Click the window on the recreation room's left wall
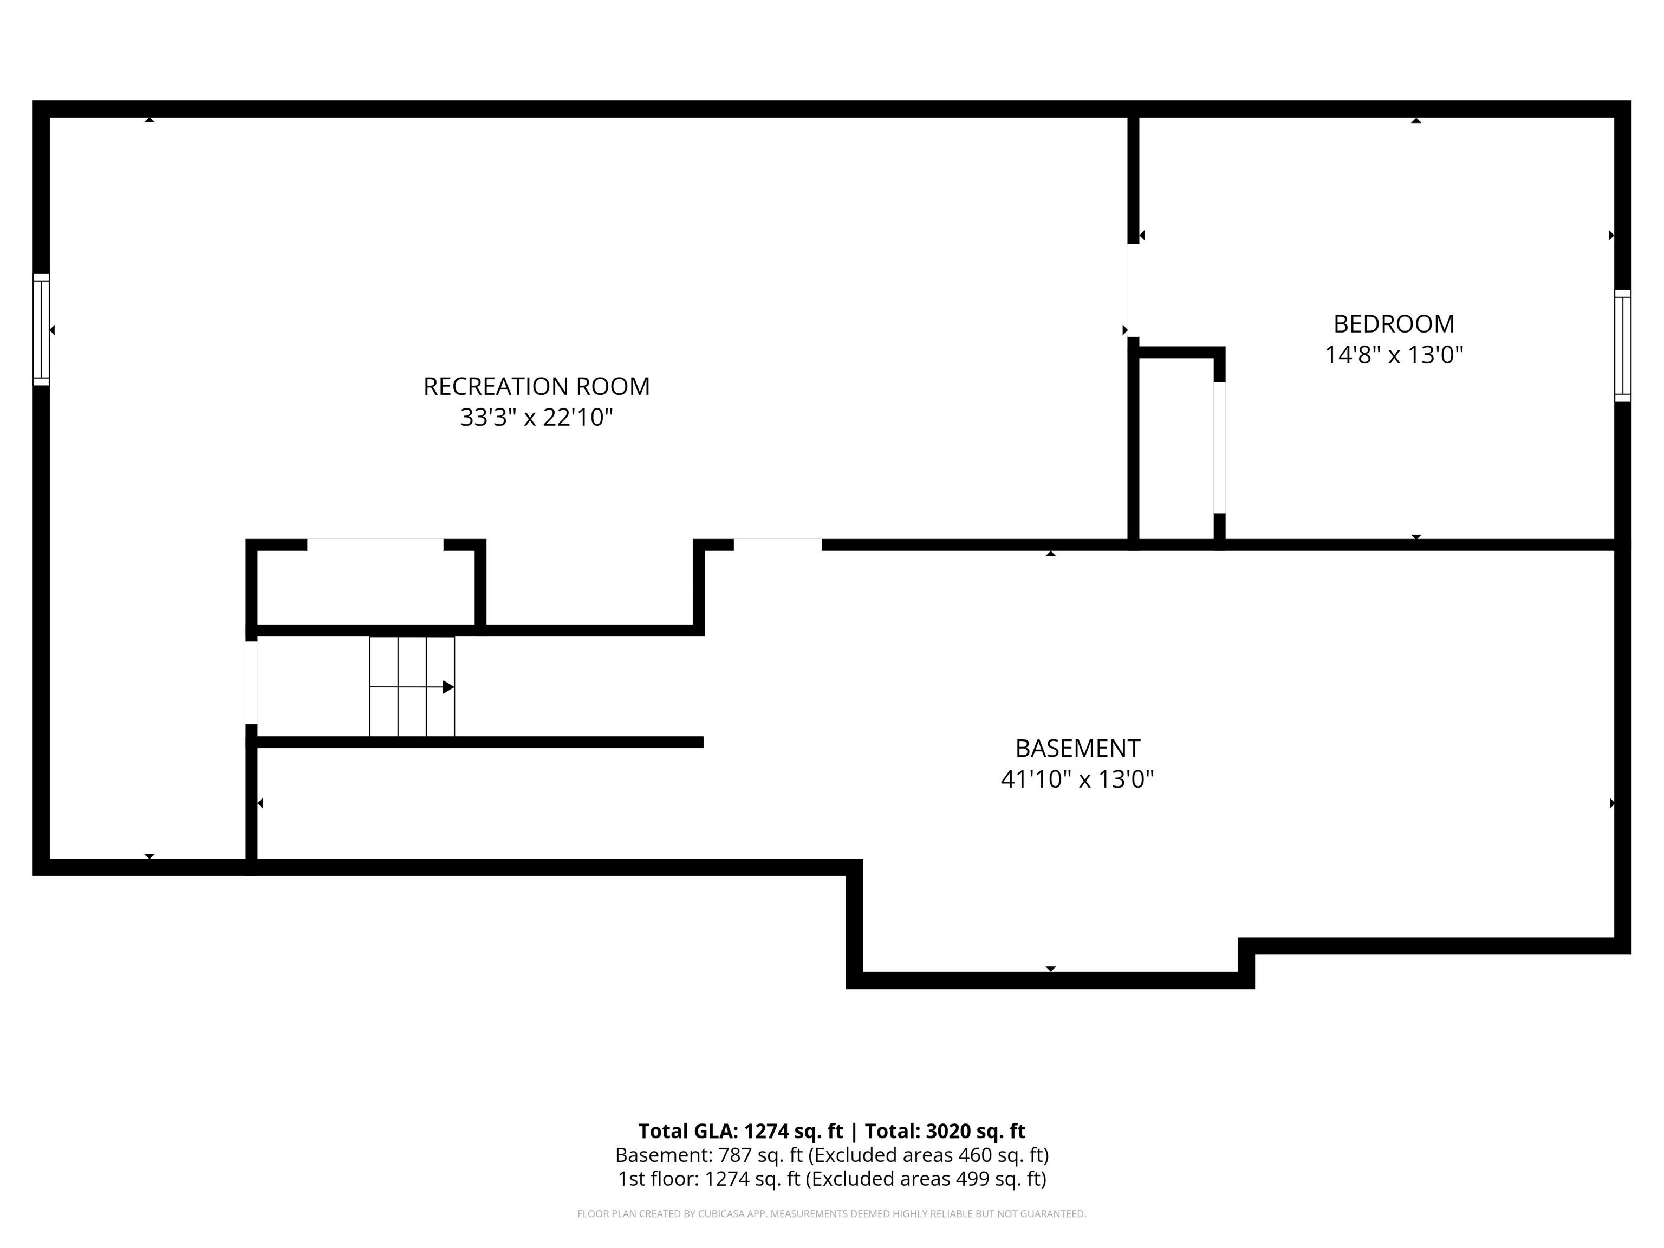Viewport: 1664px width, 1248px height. (x=41, y=329)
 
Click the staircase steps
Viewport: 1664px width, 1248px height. (x=412, y=686)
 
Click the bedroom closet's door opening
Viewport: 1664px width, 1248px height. (x=1219, y=447)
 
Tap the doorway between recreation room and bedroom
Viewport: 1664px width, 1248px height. (x=1133, y=290)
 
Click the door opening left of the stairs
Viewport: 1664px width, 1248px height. (x=252, y=682)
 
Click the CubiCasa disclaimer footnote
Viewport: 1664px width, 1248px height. (x=832, y=1213)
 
